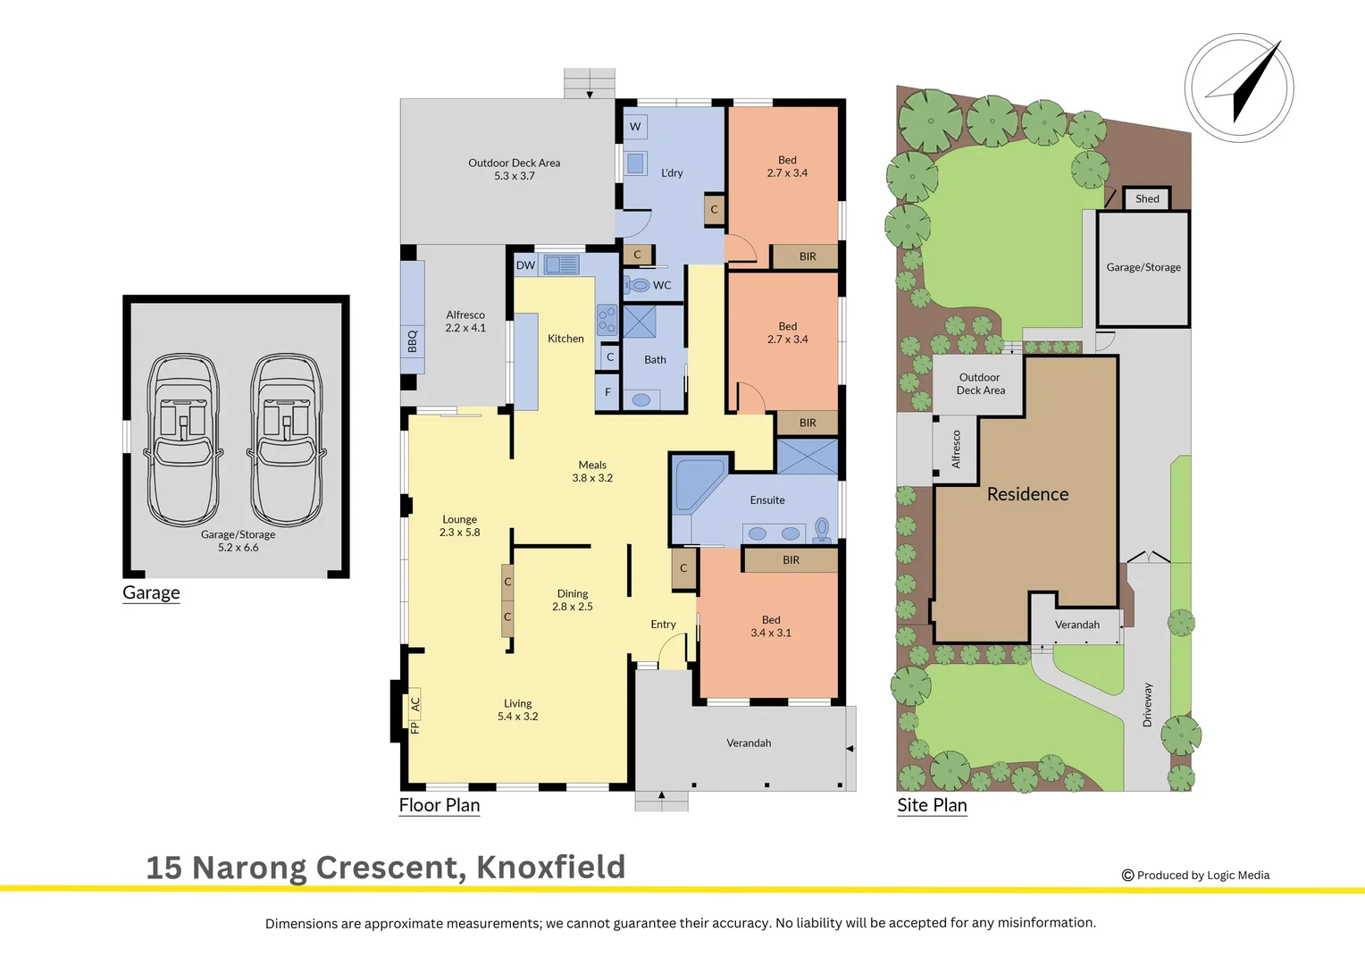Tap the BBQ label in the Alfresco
pos(412,341)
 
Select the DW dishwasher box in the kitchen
pos(525,265)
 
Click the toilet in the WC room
pos(637,285)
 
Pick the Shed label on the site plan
pos(1147,199)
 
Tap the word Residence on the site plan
pos(1027,494)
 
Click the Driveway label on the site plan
pos(1147,704)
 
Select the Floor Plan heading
pos(440,805)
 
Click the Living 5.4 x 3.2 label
pos(517,709)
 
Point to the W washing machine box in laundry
pos(635,127)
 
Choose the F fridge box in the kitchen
pos(607,392)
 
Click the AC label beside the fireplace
pos(415,704)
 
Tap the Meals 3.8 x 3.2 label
pos(592,471)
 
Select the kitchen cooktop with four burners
pos(607,320)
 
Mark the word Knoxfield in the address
pos(550,868)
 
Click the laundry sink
pos(635,163)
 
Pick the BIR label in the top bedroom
pos(808,256)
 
